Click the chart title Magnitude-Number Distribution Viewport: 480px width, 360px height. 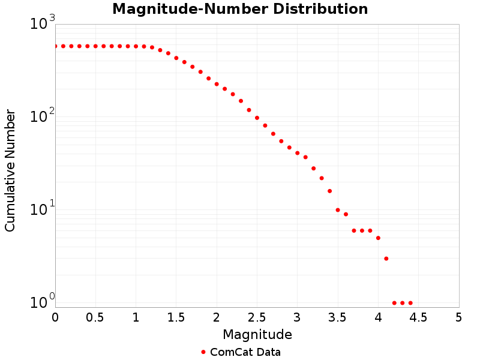click(x=240, y=10)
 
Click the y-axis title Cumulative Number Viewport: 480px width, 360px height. click(x=10, y=170)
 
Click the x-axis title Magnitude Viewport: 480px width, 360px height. click(x=257, y=334)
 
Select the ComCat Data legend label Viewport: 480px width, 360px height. click(x=245, y=352)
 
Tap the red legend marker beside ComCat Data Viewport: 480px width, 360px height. click(x=203, y=352)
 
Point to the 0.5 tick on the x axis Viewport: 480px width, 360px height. click(x=95, y=316)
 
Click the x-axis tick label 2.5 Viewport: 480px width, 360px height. click(x=257, y=316)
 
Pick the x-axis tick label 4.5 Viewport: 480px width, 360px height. click(x=418, y=316)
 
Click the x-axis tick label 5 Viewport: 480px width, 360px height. click(x=458, y=316)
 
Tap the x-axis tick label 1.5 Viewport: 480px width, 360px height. click(x=176, y=316)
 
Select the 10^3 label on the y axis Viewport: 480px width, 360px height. click(x=42, y=24)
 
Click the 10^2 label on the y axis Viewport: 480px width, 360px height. click(x=42, y=116)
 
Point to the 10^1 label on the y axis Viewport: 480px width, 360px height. click(x=42, y=209)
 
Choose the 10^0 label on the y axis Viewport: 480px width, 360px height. click(x=42, y=302)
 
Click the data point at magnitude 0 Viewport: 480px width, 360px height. click(x=55, y=46)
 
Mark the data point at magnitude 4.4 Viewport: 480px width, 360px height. click(x=410, y=303)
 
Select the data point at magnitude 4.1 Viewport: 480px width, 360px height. click(x=386, y=259)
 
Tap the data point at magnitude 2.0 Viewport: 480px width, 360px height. click(x=217, y=84)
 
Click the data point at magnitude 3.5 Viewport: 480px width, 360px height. click(x=338, y=210)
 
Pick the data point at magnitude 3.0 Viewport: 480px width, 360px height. click(x=297, y=153)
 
